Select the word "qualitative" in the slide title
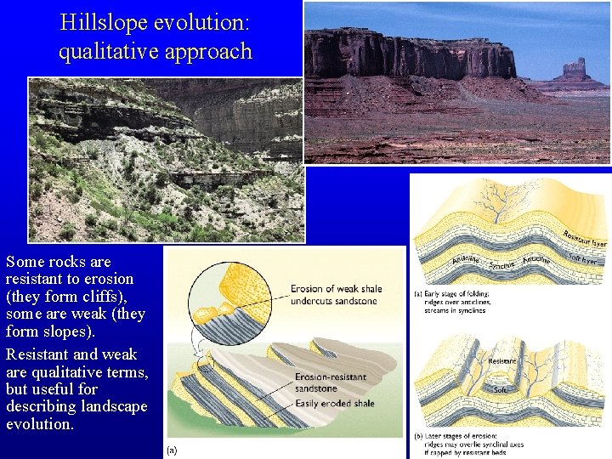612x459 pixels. point(105,51)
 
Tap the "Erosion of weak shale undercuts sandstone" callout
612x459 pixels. point(336,294)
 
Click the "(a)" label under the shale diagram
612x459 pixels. point(173,450)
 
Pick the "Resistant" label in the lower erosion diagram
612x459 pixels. point(501,360)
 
